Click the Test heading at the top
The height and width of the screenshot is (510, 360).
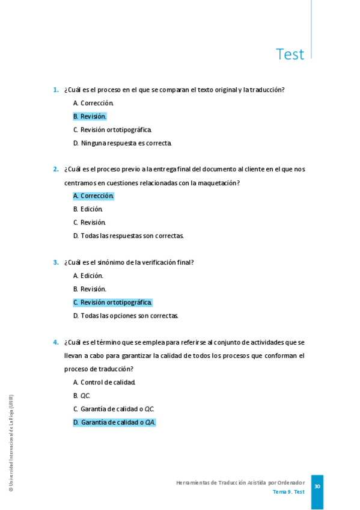290,54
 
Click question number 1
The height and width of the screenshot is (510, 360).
55,90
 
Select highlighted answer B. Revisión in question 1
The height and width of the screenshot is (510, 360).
90,116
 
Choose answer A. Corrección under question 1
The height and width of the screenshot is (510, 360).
93,103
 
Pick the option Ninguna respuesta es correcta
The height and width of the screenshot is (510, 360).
123,143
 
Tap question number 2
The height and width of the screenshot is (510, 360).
55,169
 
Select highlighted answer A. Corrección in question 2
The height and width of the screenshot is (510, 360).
94,195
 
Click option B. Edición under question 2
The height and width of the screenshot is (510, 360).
88,209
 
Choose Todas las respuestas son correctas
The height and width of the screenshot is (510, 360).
129,235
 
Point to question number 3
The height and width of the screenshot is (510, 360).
55,262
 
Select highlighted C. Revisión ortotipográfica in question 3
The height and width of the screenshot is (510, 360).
113,303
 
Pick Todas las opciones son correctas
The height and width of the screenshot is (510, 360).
126,316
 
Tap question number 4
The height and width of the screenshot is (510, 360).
55,342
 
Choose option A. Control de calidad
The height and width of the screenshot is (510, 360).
104,382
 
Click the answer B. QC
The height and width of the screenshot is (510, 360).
82,395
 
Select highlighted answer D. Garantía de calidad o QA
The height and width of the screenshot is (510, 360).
114,422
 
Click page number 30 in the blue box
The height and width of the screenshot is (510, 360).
317,487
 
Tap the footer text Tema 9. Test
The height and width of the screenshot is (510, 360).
288,492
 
